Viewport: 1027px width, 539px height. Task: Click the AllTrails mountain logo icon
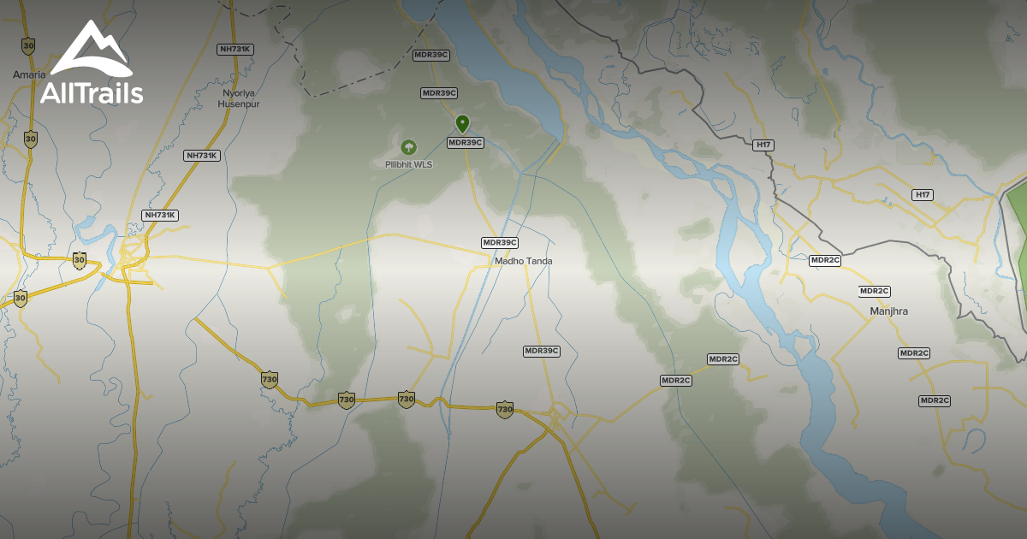tap(91, 50)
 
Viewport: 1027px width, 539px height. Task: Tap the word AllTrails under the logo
tap(92, 92)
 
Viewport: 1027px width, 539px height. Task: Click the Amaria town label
tap(29, 74)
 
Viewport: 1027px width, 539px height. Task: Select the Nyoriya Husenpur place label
tap(240, 98)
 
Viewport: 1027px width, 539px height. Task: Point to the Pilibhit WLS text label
tap(408, 163)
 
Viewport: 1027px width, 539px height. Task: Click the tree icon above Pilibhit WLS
tap(408, 147)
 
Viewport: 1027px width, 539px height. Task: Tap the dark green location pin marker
tap(462, 124)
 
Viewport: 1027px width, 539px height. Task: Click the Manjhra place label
tap(888, 311)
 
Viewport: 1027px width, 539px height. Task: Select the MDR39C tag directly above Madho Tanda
tap(501, 243)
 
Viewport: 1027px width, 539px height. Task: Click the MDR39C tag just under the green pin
tap(466, 143)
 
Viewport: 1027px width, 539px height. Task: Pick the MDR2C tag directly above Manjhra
tap(876, 291)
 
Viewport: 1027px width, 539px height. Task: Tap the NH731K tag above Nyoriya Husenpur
tap(235, 49)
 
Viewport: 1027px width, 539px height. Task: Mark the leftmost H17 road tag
tap(764, 145)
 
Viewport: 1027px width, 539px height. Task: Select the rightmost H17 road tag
tap(923, 195)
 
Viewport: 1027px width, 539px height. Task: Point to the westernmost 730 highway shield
tap(270, 379)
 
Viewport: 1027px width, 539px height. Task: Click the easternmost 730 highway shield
tap(505, 410)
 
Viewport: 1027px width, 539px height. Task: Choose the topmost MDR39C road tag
tap(431, 55)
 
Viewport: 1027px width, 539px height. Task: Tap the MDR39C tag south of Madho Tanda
tap(542, 351)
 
